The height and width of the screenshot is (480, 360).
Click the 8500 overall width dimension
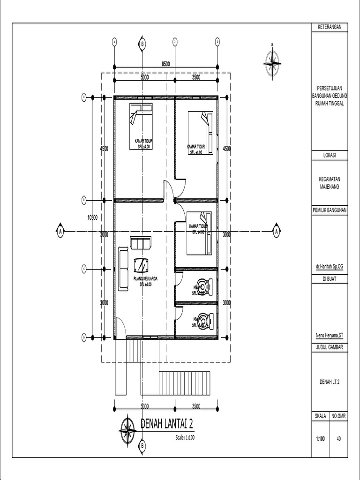tap(166, 64)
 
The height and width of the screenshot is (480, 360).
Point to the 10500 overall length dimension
tap(92, 217)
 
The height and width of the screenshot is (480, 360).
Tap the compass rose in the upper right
tap(272, 60)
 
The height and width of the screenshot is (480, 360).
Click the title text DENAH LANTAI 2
tap(167, 424)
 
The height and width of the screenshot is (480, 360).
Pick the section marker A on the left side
tap(60, 231)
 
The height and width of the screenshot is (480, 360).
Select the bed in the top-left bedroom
tap(141, 126)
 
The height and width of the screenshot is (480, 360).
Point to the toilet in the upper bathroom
tap(204, 286)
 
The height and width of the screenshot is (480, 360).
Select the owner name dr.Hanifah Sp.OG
tap(330, 266)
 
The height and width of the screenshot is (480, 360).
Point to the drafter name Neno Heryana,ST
tap(330, 335)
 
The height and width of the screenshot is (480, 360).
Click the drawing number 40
tap(338, 439)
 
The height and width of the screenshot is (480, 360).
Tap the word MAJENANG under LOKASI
tap(330, 186)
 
